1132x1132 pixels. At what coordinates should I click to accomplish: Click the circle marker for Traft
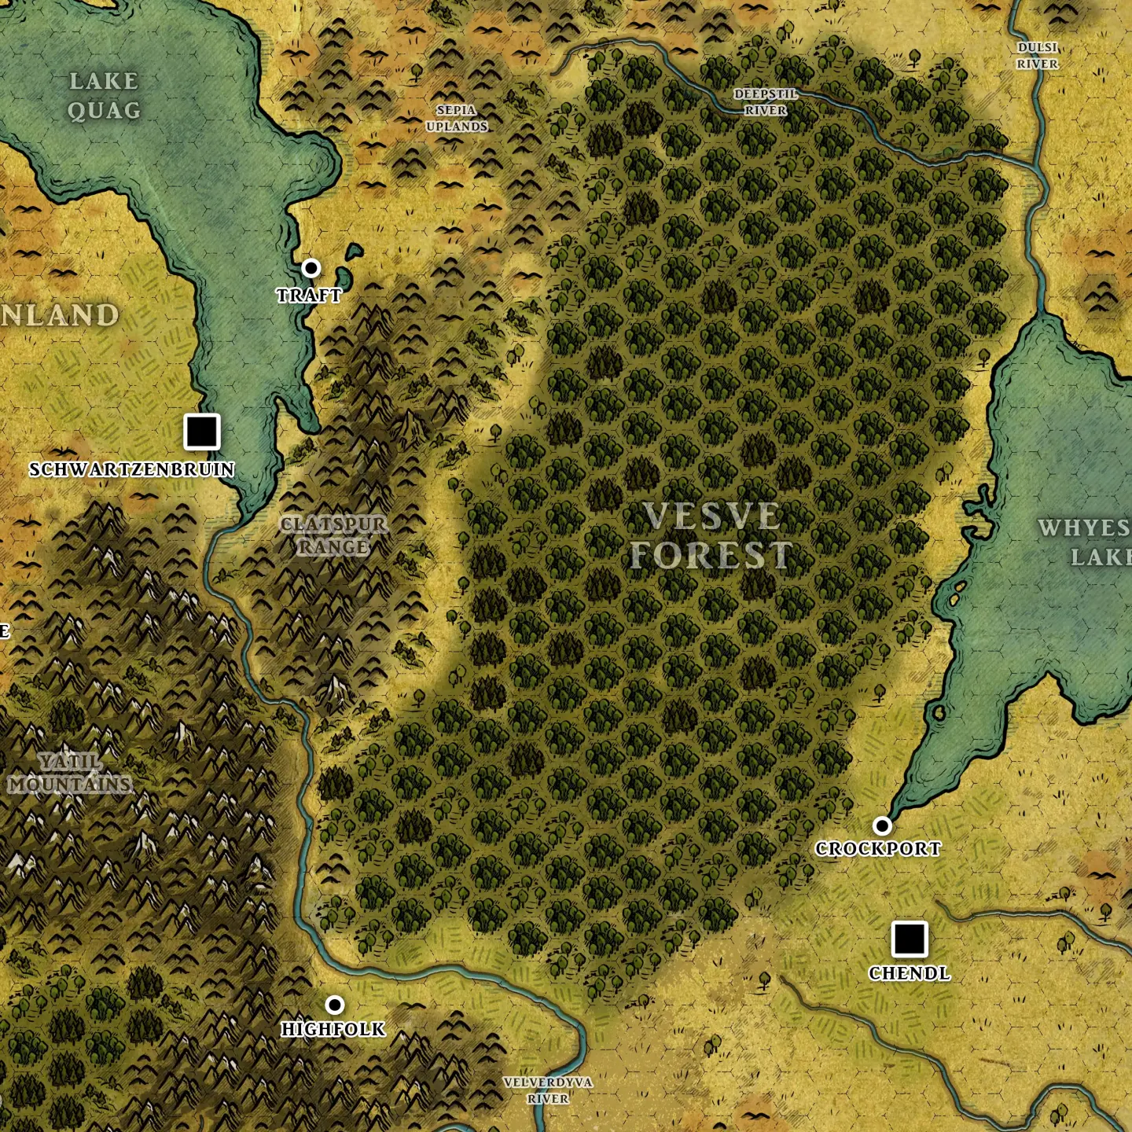point(311,268)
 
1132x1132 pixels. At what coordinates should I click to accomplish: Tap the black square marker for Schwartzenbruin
point(202,432)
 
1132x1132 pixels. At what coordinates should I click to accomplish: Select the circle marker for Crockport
point(882,825)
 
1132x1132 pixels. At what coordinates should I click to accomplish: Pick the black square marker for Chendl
point(910,939)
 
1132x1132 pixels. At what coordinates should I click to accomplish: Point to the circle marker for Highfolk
point(335,1005)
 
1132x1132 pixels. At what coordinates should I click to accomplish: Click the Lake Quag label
point(104,96)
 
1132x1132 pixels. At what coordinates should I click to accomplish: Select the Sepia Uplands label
point(457,119)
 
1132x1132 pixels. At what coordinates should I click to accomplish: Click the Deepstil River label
point(766,102)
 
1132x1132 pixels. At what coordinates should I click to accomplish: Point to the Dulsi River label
point(1038,56)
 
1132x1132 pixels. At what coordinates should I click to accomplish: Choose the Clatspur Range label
point(334,535)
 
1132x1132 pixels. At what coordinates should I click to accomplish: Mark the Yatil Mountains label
point(71,773)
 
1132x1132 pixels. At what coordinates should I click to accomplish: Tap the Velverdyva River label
point(548,1090)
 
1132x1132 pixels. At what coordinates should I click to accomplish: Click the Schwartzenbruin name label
point(132,469)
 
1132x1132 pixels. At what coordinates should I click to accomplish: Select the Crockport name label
point(878,849)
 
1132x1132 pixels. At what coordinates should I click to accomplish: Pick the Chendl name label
point(910,973)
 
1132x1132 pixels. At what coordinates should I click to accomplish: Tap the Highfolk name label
point(333,1029)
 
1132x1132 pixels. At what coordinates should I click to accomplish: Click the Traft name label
point(309,296)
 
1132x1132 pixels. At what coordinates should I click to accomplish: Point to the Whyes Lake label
point(1085,542)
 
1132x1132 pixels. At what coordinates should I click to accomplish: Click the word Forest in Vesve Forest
point(711,556)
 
